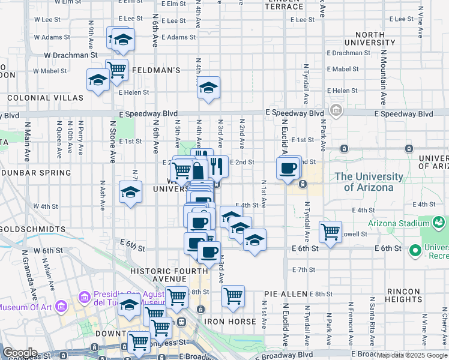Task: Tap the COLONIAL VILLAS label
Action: coord(45,97)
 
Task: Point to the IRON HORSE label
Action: coord(231,322)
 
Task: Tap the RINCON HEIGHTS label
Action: coord(403,295)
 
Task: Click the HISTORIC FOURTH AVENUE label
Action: coord(168,275)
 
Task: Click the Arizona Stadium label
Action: coord(404,224)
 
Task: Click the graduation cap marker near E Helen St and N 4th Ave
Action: coord(208,88)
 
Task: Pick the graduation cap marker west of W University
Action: coord(130,192)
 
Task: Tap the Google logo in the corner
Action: coord(20,353)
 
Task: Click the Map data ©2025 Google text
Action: coord(411,355)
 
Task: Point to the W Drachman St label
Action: coord(71,55)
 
